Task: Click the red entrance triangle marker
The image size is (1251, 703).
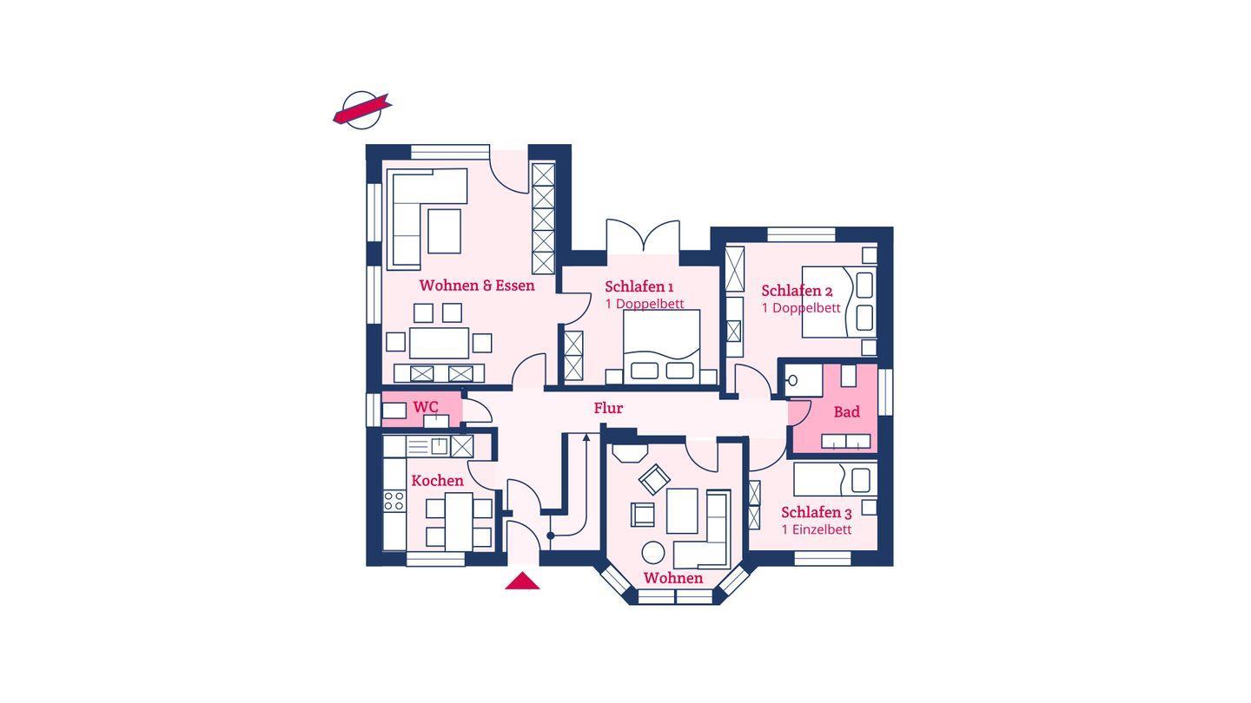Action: click(522, 581)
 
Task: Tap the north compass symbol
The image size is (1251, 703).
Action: click(362, 110)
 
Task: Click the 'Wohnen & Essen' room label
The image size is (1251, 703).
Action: click(477, 286)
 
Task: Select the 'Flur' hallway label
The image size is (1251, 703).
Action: click(608, 408)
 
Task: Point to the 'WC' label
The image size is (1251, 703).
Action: click(426, 407)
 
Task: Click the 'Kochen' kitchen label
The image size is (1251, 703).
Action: click(437, 481)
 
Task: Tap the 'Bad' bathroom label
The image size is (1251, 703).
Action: click(847, 411)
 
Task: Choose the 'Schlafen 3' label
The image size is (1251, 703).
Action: click(817, 512)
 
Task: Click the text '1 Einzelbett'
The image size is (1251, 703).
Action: click(817, 529)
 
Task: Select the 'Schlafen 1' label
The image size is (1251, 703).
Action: click(639, 286)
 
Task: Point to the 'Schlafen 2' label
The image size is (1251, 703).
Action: click(797, 291)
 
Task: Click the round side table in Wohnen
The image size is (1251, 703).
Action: click(653, 552)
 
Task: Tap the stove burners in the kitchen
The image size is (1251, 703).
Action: click(394, 501)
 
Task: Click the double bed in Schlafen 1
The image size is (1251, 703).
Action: click(662, 347)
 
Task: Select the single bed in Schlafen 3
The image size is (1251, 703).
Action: click(835, 479)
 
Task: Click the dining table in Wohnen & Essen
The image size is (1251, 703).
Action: click(439, 343)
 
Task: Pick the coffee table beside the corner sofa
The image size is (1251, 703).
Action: click(445, 231)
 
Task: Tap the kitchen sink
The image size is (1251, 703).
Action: click(439, 446)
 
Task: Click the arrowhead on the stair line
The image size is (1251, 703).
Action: click(586, 437)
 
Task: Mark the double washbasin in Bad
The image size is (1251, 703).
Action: click(845, 441)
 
